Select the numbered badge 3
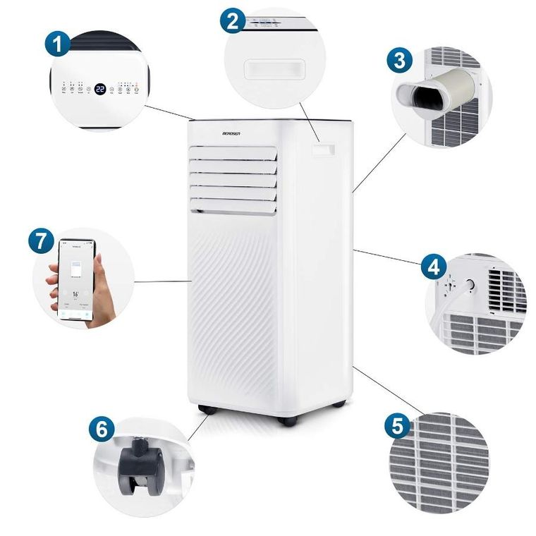[400, 60]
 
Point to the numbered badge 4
[433, 267]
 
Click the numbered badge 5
[397, 427]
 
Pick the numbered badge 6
[102, 429]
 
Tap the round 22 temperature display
[100, 89]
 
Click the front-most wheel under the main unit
[287, 420]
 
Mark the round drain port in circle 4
[468, 283]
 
